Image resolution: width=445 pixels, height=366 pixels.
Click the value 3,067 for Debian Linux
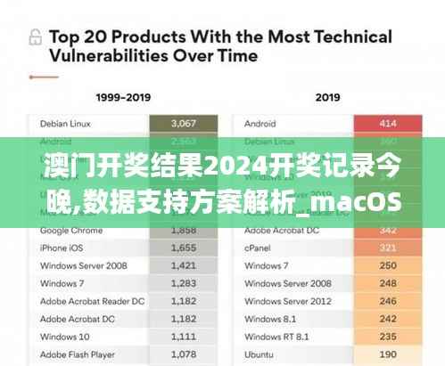(x=184, y=123)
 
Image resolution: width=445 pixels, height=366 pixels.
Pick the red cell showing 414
(x=387, y=123)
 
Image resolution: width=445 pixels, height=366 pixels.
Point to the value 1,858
(x=184, y=229)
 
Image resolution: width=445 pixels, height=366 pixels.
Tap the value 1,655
(x=184, y=247)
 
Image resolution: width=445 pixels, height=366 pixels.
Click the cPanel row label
(x=260, y=247)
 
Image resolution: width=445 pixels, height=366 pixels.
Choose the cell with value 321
(x=387, y=247)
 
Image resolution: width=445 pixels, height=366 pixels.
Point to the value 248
(x=387, y=283)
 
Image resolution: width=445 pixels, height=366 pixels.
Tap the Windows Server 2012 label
(x=286, y=301)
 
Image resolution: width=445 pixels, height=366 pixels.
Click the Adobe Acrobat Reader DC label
(x=92, y=301)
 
